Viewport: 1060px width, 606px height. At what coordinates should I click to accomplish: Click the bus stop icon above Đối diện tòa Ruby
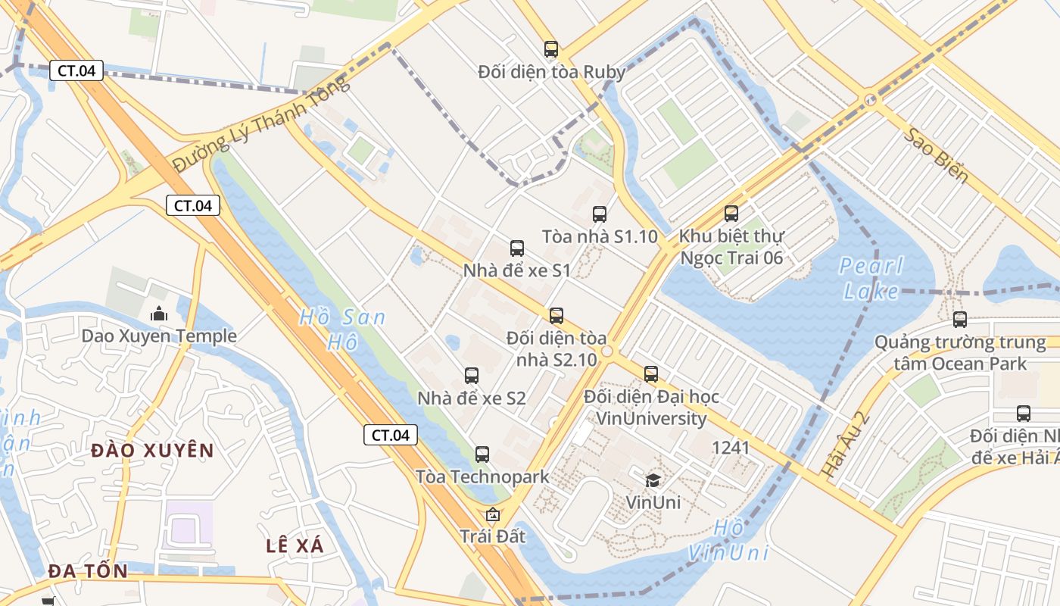pyautogui.click(x=551, y=49)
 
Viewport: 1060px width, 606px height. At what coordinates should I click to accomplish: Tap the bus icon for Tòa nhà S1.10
pyautogui.click(x=600, y=214)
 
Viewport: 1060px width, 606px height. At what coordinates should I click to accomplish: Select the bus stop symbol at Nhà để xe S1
pyautogui.click(x=517, y=248)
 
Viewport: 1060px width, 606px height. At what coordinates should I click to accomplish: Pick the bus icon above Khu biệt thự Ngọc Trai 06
pyautogui.click(x=731, y=214)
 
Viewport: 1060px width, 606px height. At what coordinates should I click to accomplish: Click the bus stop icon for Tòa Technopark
pyautogui.click(x=482, y=454)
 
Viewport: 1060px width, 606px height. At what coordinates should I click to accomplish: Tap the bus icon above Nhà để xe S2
pyautogui.click(x=472, y=375)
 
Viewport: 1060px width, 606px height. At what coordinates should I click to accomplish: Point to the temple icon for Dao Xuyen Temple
pyautogui.click(x=159, y=313)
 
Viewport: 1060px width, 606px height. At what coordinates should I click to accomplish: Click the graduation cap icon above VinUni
pyautogui.click(x=653, y=479)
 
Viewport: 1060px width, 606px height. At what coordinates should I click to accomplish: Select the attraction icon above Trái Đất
pyautogui.click(x=493, y=515)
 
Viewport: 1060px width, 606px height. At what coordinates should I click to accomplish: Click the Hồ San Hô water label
pyautogui.click(x=342, y=330)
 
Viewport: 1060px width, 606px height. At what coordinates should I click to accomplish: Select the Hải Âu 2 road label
pyautogui.click(x=844, y=445)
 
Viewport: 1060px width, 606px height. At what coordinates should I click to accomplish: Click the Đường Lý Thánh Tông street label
pyautogui.click(x=262, y=123)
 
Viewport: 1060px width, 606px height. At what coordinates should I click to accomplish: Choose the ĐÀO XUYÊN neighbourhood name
pyautogui.click(x=152, y=451)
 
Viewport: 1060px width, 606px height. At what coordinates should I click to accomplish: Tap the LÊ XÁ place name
pyautogui.click(x=295, y=545)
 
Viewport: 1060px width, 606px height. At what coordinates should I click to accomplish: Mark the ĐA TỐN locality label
pyautogui.click(x=88, y=571)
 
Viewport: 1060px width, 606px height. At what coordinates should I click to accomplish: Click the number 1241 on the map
pyautogui.click(x=731, y=448)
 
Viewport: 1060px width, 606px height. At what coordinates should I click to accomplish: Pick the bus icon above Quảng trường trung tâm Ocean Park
pyautogui.click(x=960, y=320)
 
